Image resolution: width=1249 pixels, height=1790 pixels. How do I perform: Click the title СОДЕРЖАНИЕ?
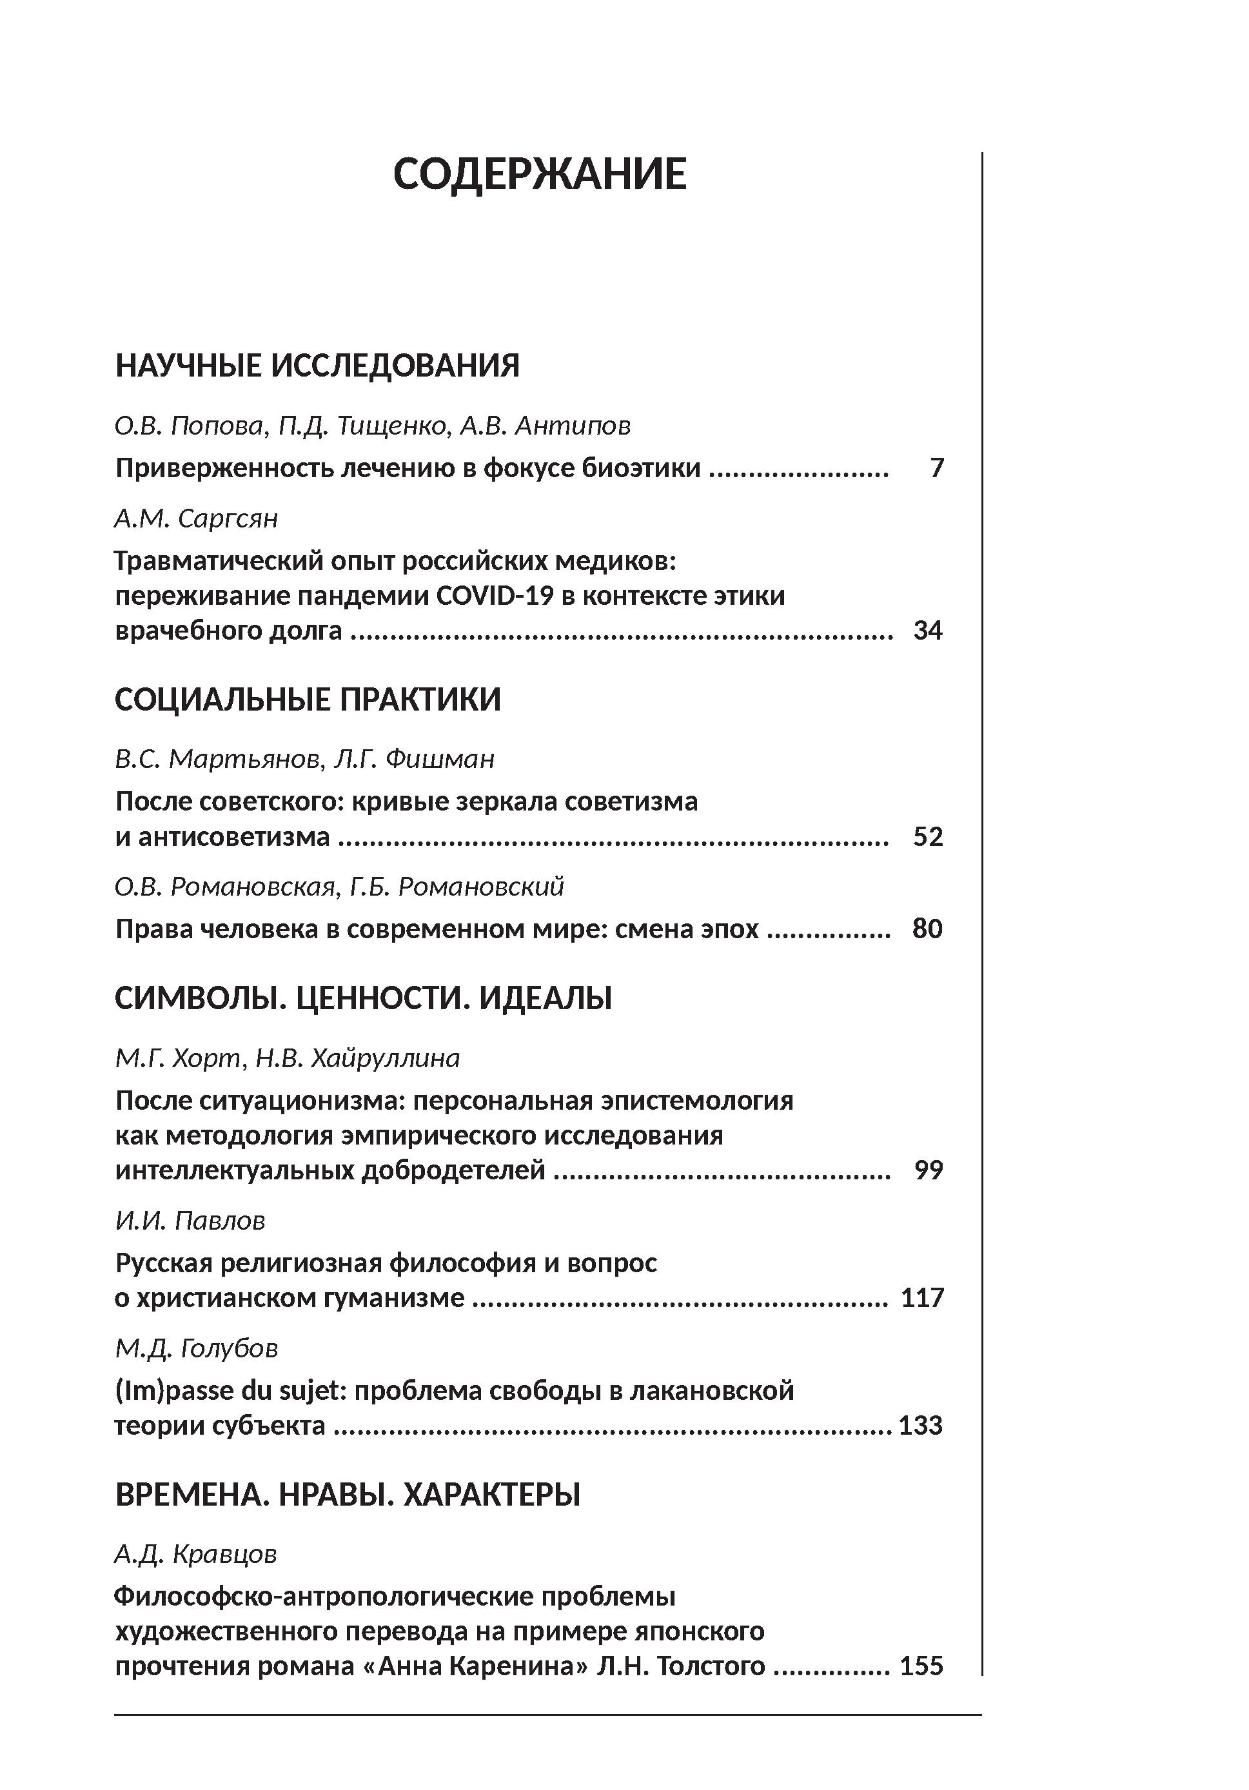tap(540, 174)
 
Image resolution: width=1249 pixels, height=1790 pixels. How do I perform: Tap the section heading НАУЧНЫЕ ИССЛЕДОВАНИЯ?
tap(317, 366)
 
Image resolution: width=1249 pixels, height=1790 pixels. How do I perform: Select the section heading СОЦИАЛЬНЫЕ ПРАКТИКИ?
tap(308, 700)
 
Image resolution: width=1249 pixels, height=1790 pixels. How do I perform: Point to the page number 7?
tap(936, 467)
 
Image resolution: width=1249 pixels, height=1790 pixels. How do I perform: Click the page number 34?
tap(928, 630)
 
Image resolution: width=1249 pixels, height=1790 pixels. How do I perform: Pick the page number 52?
tap(928, 836)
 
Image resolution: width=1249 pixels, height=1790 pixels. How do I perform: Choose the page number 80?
tap(927, 929)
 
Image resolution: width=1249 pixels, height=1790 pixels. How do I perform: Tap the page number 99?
tap(929, 1170)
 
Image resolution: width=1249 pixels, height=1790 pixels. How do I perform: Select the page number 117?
tap(922, 1298)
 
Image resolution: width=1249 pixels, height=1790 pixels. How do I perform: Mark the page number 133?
tap(921, 1425)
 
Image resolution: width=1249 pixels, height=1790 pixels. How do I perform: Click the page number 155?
tap(921, 1666)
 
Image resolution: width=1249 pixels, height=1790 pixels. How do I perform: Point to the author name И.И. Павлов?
tap(190, 1220)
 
